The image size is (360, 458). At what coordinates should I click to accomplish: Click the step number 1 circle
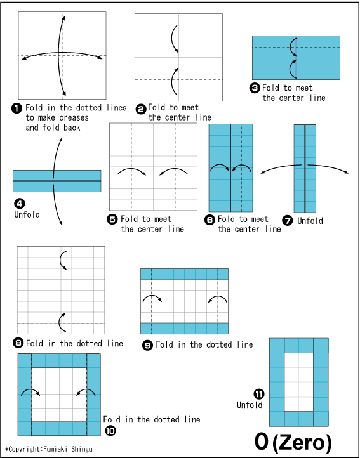tap(17, 108)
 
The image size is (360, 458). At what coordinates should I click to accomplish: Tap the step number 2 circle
tap(140, 108)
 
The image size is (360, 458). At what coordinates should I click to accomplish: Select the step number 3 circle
tap(255, 89)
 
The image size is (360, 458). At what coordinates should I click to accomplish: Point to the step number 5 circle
tap(113, 219)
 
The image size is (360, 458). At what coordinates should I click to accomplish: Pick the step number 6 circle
tap(210, 219)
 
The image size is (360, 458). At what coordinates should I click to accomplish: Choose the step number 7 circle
tap(288, 221)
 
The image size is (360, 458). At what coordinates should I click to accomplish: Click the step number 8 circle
tap(18, 343)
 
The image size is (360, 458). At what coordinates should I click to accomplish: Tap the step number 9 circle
tap(147, 344)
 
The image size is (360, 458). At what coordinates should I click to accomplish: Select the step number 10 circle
tap(110, 430)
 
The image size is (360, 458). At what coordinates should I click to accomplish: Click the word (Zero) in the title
tap(302, 442)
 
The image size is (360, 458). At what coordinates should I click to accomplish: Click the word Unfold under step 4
tap(27, 214)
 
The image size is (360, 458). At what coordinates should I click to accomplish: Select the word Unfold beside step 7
tap(310, 221)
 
